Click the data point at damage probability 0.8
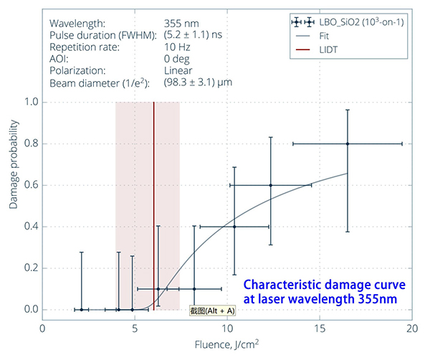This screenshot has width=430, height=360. (348, 143)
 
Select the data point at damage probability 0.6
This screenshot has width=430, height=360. (271, 185)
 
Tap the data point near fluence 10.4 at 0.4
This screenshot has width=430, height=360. (234, 227)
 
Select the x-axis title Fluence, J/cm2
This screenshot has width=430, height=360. (227, 345)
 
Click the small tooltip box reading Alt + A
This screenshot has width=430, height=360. (211, 311)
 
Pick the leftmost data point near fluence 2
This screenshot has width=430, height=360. (82, 310)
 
